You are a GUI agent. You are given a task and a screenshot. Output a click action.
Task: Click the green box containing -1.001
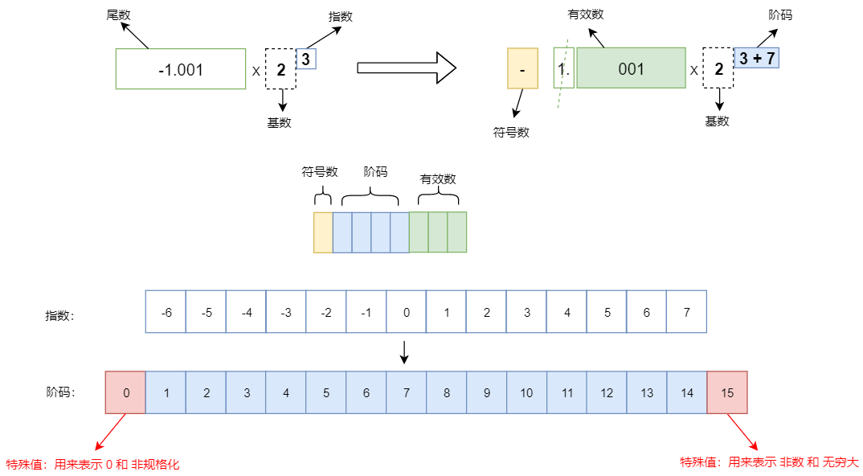tap(181, 69)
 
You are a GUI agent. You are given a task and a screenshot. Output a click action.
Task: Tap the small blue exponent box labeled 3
tap(306, 59)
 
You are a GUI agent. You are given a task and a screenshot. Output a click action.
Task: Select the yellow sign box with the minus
tap(522, 69)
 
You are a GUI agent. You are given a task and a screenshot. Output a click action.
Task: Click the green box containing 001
tap(631, 69)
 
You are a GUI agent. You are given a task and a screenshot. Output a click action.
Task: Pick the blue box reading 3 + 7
tap(756, 58)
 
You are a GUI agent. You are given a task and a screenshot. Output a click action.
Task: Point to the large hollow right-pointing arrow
tap(407, 68)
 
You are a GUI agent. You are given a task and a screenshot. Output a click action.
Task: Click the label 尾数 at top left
tap(118, 14)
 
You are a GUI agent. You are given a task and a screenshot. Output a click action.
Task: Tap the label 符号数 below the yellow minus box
tap(511, 133)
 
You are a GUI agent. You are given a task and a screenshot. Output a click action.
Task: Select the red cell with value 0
tap(125, 392)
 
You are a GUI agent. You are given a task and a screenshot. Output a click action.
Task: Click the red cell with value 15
tap(727, 392)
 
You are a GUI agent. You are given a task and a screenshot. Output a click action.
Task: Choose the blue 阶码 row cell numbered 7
tap(407, 392)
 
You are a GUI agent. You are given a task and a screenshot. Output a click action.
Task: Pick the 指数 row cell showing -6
tap(166, 312)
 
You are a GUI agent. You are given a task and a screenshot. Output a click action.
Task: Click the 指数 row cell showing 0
tap(407, 312)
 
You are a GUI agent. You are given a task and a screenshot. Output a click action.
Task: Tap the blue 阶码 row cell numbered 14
tap(687, 392)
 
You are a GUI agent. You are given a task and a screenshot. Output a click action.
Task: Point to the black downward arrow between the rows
tap(405, 351)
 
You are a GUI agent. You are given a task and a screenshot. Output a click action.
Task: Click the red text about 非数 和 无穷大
tap(769, 462)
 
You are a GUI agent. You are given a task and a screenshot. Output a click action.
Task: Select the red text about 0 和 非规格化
tap(93, 464)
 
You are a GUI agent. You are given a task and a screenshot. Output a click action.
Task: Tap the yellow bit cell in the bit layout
tap(323, 232)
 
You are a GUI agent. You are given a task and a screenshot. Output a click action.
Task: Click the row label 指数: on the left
tap(59, 316)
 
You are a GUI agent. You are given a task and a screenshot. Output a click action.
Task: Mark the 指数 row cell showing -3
tap(286, 312)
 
